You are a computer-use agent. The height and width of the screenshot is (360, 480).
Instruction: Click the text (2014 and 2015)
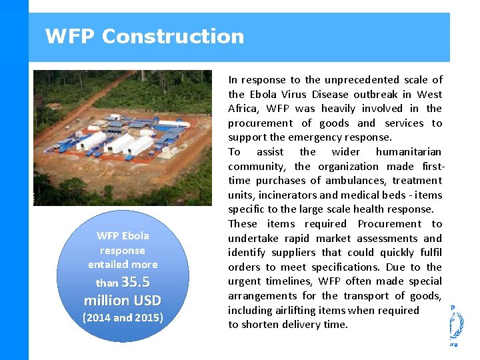pyautogui.click(x=123, y=317)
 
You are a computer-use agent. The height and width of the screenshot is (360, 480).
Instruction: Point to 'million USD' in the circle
pyautogui.click(x=123, y=300)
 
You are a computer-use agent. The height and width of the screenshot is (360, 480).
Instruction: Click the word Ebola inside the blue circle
pyautogui.click(x=136, y=235)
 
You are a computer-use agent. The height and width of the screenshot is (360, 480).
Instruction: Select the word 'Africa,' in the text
pyautogui.click(x=244, y=108)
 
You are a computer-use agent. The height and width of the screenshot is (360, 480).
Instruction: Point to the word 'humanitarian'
pyautogui.click(x=408, y=151)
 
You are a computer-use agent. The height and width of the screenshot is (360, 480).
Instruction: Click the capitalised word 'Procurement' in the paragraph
pyautogui.click(x=390, y=223)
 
